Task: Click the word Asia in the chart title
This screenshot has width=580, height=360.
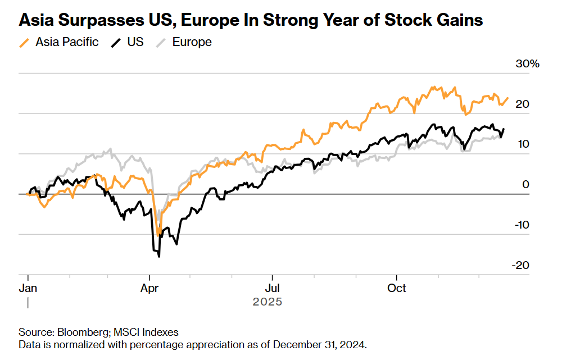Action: (37, 21)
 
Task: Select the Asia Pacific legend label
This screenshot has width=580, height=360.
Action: (67, 42)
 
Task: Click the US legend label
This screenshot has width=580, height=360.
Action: (135, 42)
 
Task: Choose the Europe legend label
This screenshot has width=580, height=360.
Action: (192, 42)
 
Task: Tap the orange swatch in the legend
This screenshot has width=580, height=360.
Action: (25, 42)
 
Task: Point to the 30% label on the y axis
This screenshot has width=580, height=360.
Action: (527, 64)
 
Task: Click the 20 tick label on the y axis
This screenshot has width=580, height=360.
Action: (523, 104)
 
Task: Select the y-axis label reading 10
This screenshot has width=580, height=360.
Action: (523, 144)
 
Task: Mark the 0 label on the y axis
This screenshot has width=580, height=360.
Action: (526, 184)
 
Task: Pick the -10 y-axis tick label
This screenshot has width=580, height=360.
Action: (521, 225)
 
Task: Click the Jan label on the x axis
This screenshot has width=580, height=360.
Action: (29, 288)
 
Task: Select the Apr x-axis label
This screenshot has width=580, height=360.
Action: (149, 288)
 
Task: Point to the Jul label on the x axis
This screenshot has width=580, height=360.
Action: (272, 288)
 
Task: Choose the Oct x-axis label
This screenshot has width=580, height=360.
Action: (397, 288)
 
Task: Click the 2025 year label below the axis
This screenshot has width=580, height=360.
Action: (267, 302)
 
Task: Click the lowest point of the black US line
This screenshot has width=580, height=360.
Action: (160, 257)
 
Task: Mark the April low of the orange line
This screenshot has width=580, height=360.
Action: (159, 233)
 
